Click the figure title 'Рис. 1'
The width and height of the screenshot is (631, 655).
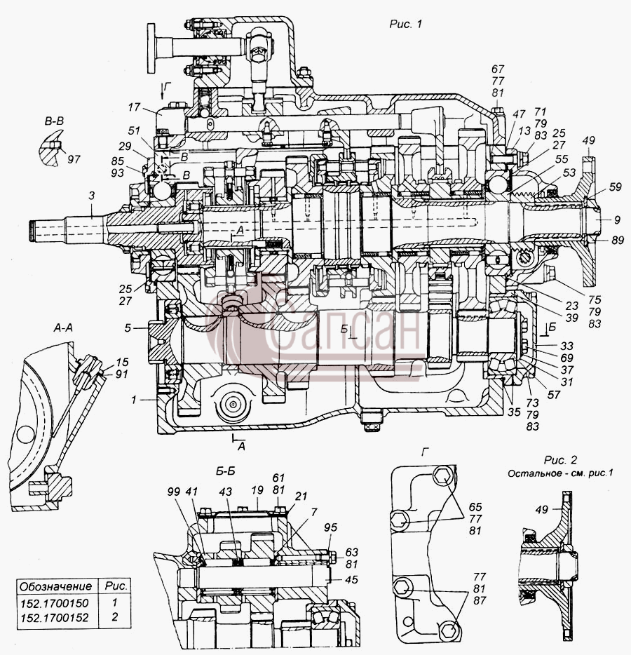pos(405,25)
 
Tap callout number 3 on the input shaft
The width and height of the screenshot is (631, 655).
pos(92,195)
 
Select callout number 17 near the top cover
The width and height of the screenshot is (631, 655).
pos(134,107)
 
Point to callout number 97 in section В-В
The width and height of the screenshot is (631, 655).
pos(74,159)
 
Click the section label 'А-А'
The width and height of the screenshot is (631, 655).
pos(63,328)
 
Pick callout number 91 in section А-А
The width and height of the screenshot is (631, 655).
pos(121,374)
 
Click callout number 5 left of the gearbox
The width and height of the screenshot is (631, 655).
pos(128,328)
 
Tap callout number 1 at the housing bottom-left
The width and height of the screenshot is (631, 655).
pos(134,400)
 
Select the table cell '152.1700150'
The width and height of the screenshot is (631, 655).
pos(54,603)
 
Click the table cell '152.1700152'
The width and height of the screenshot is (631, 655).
pos(54,617)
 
